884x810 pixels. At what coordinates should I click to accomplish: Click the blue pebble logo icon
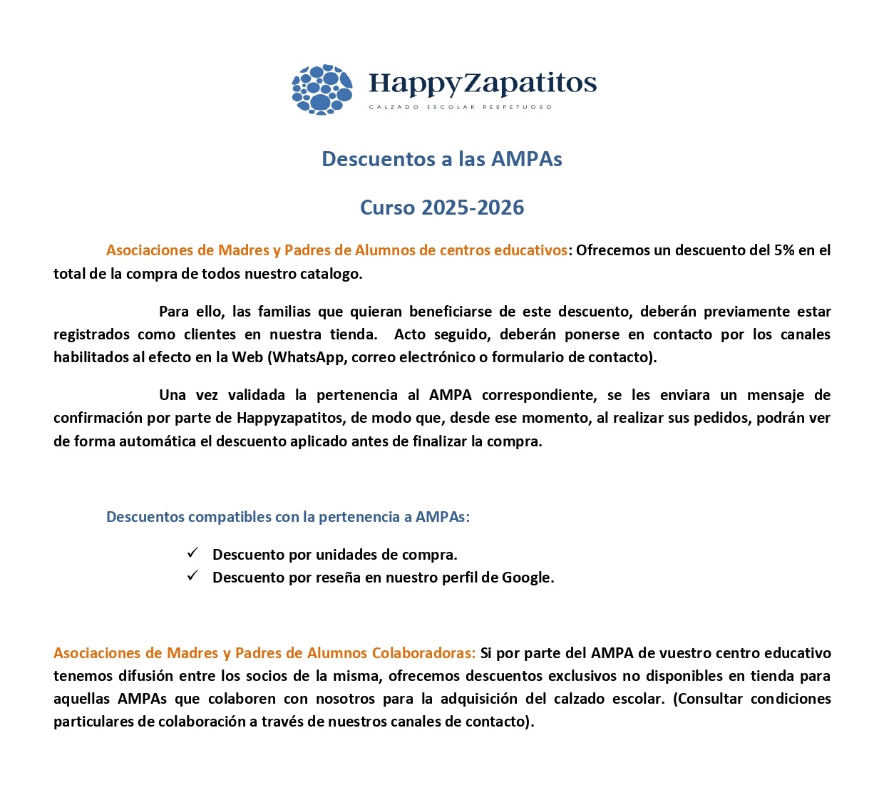coord(322,89)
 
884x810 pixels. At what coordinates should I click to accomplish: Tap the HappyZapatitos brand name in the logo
coord(483,83)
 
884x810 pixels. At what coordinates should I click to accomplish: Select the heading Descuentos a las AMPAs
coord(442,159)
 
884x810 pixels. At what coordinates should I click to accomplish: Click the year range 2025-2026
coord(473,207)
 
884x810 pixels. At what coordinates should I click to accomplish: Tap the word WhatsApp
coord(307,357)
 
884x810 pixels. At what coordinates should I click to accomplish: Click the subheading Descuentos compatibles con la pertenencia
coord(288,517)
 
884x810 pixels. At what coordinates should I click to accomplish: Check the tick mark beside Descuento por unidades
coord(192,553)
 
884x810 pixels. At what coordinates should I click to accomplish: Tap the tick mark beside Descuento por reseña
coord(192,576)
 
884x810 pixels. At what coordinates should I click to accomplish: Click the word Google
coord(527,578)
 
